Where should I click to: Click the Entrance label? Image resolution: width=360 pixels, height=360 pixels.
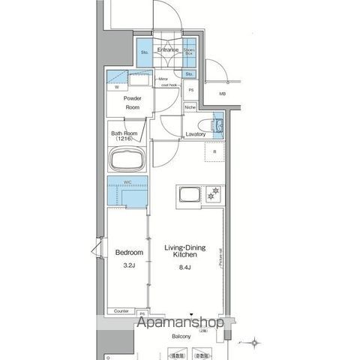click(x=167, y=49)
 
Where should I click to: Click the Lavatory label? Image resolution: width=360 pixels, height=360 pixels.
click(x=195, y=134)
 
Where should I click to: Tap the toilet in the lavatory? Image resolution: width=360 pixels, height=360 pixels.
click(x=217, y=124)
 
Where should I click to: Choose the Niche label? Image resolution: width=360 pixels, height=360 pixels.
click(x=191, y=107)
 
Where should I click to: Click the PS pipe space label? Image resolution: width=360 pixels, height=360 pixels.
click(x=191, y=91)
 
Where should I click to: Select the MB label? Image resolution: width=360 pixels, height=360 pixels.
click(x=222, y=94)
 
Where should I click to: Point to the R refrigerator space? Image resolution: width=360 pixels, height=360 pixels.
click(x=214, y=152)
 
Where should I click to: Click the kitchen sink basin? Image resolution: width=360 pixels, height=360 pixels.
click(x=187, y=196)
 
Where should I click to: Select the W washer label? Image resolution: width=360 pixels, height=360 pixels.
click(x=117, y=88)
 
